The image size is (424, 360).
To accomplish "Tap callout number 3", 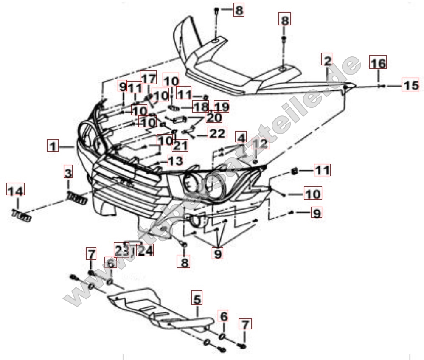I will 68,172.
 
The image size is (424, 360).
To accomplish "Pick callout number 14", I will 16,191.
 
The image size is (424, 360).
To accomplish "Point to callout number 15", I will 410,85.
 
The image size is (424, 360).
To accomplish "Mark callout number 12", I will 261,144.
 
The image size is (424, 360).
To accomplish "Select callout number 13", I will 175,160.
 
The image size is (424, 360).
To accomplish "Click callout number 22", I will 217,133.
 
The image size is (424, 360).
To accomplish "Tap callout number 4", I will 241,138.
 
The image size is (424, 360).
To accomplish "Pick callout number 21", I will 180,145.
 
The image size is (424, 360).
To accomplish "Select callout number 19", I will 221,106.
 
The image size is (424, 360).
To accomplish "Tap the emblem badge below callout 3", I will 77,197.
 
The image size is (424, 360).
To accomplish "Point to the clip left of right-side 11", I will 293,171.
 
